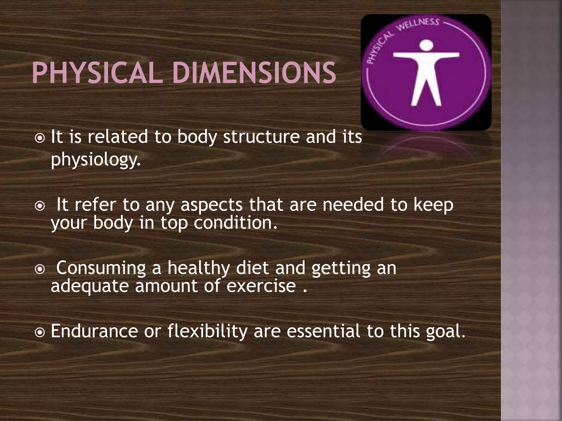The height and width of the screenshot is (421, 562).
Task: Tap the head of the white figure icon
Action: [x=426, y=45]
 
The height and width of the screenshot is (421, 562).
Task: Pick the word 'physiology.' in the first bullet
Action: [x=95, y=160]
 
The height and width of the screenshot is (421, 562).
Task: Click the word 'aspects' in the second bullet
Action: [x=212, y=205]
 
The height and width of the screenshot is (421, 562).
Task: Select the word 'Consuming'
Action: [x=101, y=268]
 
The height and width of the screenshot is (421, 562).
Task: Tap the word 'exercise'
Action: [x=261, y=286]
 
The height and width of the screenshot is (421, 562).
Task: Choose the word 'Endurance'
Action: [x=94, y=331]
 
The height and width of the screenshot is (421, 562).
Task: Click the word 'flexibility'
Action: [x=207, y=332]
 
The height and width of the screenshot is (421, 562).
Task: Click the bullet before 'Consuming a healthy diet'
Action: [x=40, y=269]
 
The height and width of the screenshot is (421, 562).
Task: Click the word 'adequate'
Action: [x=90, y=286]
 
